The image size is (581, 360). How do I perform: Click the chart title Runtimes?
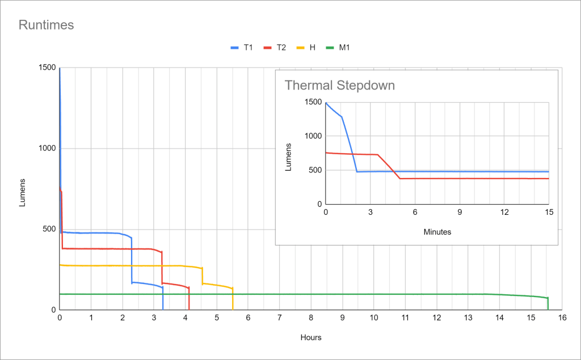47,25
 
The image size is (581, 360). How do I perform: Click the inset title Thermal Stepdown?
339,86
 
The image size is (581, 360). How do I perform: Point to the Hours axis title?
310,338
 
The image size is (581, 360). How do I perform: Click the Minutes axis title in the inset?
437,232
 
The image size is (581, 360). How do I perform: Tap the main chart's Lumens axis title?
23,192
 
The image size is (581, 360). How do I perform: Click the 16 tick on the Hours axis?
561,319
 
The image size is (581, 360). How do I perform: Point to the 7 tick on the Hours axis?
279,319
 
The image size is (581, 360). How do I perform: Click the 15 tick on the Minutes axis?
549,212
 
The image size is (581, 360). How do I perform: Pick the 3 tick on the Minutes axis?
370,212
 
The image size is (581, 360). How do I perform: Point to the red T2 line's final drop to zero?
189,299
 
